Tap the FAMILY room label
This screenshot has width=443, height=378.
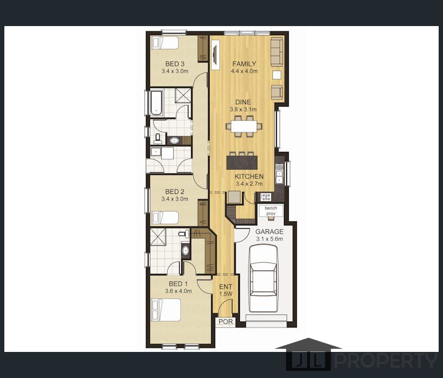(244, 64)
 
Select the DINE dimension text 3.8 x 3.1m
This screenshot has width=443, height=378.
(243, 109)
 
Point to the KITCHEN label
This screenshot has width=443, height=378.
(249, 177)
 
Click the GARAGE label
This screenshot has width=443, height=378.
(269, 231)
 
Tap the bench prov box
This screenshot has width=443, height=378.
(270, 211)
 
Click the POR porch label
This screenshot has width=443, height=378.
(225, 322)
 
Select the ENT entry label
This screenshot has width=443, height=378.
(225, 287)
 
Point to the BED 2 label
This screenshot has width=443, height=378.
(175, 192)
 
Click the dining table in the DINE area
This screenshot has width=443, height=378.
(244, 126)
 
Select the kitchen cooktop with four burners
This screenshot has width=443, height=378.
(265, 197)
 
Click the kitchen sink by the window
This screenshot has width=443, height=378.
(279, 173)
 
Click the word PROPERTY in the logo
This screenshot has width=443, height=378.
(385, 360)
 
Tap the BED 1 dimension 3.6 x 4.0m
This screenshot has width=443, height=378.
(179, 291)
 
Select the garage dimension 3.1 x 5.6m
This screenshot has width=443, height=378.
(269, 239)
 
